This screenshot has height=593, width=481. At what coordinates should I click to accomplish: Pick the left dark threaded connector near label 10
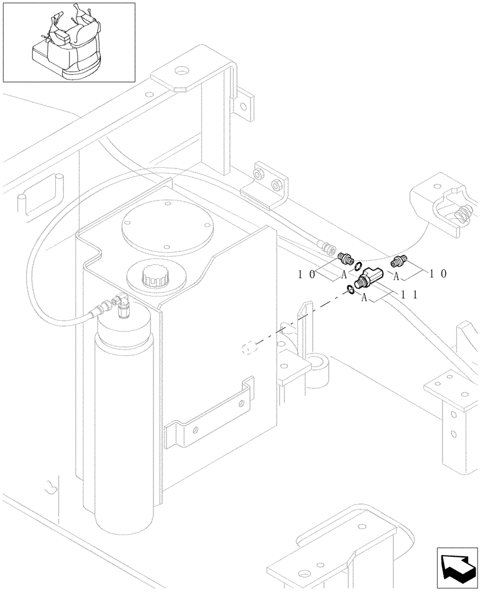click(345, 258)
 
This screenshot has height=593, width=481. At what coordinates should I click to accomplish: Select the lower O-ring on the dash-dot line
click(351, 289)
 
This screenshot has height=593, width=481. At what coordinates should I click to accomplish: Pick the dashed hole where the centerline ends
click(249, 348)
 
